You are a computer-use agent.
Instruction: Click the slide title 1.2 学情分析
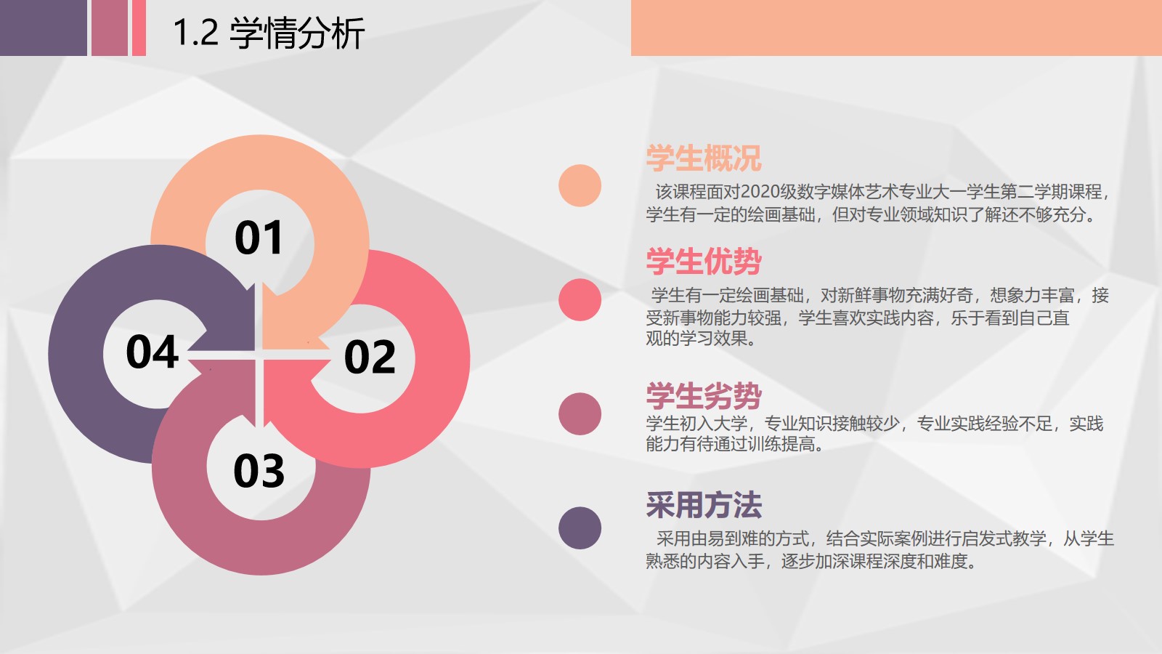(269, 33)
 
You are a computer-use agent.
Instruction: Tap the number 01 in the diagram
(259, 238)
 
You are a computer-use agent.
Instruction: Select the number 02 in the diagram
(370, 356)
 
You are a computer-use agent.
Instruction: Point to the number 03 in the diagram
(259, 470)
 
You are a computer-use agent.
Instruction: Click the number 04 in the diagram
(153, 352)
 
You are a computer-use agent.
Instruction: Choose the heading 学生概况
(704, 158)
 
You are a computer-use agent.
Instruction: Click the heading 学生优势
(704, 261)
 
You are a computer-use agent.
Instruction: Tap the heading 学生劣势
(704, 396)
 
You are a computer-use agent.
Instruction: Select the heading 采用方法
(704, 504)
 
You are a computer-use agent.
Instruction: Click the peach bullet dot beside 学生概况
(580, 186)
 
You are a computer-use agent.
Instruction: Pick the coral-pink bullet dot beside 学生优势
(580, 299)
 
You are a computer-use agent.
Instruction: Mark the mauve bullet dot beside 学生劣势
(580, 413)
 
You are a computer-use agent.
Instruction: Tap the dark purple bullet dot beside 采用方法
(580, 528)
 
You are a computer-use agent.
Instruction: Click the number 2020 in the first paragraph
(760, 192)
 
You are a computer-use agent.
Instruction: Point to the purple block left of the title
(44, 28)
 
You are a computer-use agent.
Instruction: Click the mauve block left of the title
(110, 28)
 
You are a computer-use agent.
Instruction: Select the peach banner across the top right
(896, 28)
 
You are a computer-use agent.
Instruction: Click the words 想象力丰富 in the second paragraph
(1032, 295)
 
